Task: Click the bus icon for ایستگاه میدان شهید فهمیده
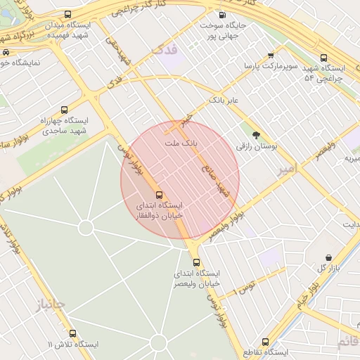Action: [x=67, y=15]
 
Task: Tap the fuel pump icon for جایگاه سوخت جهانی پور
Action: [x=223, y=15]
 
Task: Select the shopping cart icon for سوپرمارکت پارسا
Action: [x=271, y=56]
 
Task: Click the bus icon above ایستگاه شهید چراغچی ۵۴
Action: [x=323, y=58]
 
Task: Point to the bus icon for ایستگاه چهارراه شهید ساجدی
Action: [x=64, y=110]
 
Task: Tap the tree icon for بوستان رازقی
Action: [x=255, y=134]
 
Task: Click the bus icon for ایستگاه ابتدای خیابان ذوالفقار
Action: [x=158, y=194]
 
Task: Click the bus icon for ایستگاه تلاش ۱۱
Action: [x=72, y=333]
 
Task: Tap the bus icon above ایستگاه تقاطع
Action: [x=265, y=341]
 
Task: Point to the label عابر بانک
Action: [x=224, y=101]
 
